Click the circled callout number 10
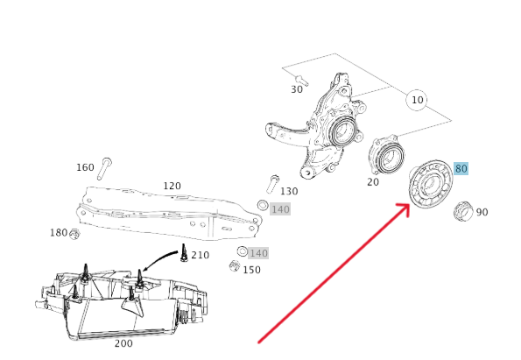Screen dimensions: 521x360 coord(418,100)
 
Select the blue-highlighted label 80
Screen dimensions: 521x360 coord(461,168)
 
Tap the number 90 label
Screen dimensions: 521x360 coord(482,212)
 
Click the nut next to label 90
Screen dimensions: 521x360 coord(463,211)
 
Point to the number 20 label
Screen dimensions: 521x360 coord(373,182)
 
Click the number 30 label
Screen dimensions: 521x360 coord(297,89)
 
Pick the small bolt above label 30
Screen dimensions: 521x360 coord(301,81)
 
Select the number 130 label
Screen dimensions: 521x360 coord(289,191)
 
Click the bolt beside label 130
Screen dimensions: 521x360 coord(272,184)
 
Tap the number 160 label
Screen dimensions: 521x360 coord(85,167)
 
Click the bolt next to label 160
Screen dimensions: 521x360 coord(105,169)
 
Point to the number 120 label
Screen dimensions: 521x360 coord(172,186)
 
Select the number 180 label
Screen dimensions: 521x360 coord(59,233)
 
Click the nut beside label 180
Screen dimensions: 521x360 coord(74,234)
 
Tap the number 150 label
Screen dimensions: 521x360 coord(251,270)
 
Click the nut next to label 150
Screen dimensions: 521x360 coord(235,266)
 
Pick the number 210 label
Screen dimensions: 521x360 coord(200,255)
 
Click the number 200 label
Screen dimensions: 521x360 coord(123,343)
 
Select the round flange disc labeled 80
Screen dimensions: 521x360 coord(431,185)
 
